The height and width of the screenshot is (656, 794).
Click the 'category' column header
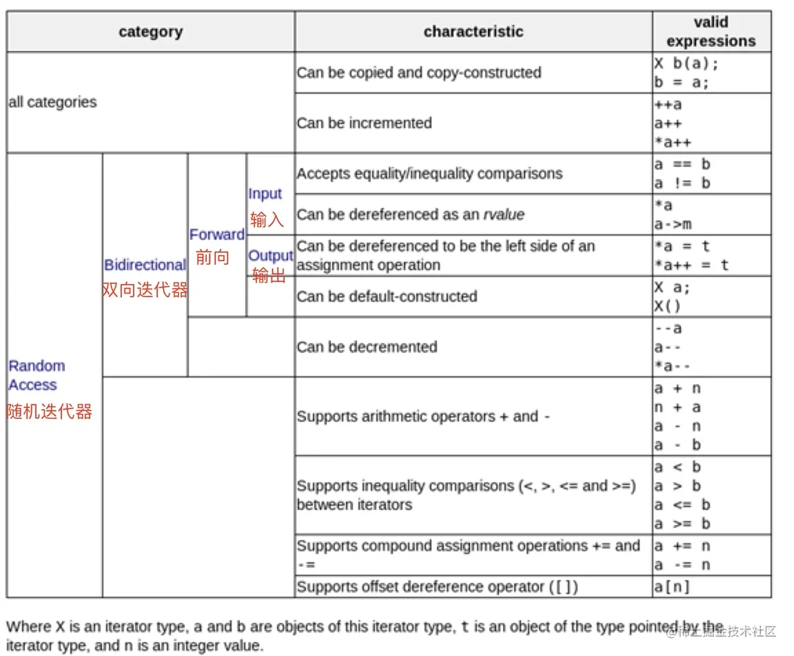click(150, 32)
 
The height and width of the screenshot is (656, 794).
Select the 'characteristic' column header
click(473, 32)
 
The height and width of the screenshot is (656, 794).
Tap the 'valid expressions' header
click(711, 32)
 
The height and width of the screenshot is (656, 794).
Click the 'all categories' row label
click(52, 102)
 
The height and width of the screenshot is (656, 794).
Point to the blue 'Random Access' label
click(37, 375)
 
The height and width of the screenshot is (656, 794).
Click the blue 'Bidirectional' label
click(145, 265)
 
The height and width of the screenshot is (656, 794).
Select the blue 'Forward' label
click(216, 234)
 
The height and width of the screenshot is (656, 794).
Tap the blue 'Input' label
click(265, 194)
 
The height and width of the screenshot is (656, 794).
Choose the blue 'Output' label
click(270, 256)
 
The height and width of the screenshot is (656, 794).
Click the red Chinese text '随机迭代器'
click(50, 412)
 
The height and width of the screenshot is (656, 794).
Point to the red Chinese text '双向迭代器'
click(145, 290)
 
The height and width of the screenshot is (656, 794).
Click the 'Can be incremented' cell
click(364, 123)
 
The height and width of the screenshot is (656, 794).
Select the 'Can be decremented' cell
click(367, 347)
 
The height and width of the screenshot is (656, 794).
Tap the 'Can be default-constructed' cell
click(387, 296)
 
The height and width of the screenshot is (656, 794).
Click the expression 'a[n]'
click(672, 587)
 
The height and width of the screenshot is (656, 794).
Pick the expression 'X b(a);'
click(686, 63)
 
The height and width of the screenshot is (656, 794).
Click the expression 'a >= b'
click(682, 524)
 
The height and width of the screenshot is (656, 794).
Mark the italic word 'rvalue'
click(503, 214)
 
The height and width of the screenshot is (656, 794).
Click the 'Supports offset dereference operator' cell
click(437, 587)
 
